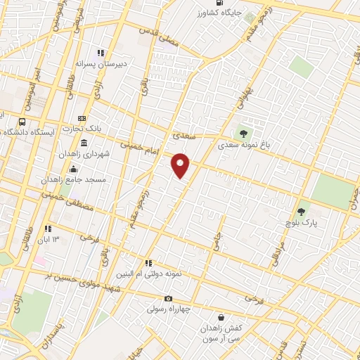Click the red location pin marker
click(x=181, y=165)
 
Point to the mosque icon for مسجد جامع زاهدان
click(x=72, y=169)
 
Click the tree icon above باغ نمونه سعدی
click(x=243, y=133)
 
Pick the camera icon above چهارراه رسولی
click(x=167, y=299)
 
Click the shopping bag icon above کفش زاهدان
click(x=222, y=318)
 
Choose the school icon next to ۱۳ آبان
click(x=49, y=229)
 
